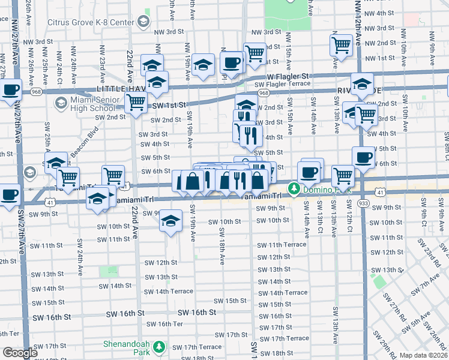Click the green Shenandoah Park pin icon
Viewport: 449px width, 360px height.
159,347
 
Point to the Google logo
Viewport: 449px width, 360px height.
19,353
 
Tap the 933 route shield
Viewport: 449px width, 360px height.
364,205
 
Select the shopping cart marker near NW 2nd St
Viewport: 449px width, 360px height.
341,45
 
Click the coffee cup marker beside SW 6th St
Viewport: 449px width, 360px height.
363,157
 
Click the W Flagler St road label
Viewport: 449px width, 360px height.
288,76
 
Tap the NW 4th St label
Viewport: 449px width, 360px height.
378,13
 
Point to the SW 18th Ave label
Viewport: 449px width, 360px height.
221,251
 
